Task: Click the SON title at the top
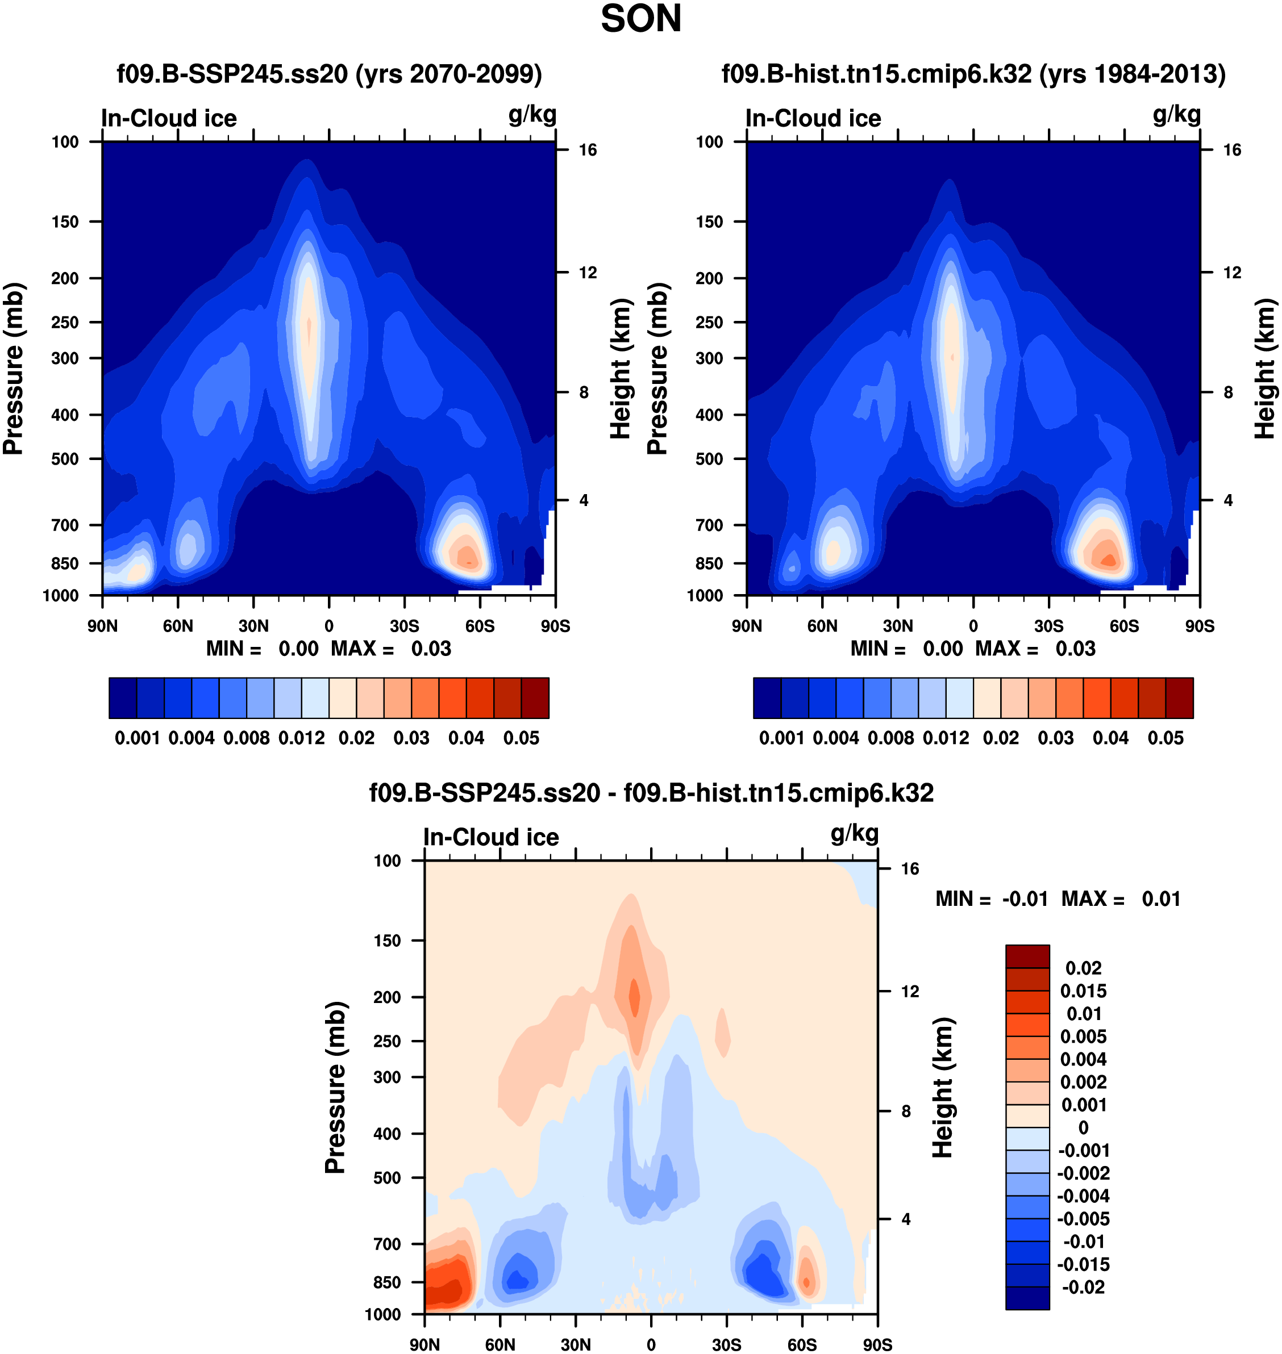[x=640, y=19]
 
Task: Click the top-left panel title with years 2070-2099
[x=330, y=74]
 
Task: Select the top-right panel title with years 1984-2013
[x=973, y=74]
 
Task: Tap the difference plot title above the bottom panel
[x=651, y=793]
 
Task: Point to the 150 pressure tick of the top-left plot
[x=65, y=222]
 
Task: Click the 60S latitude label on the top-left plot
[x=480, y=626]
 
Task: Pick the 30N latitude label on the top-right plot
[x=897, y=626]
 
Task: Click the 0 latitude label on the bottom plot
[x=651, y=1344]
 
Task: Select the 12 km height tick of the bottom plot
[x=910, y=991]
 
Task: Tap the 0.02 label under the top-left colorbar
[x=357, y=738]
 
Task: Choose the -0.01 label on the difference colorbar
[x=1084, y=1242]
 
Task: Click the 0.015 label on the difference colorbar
[x=1083, y=991]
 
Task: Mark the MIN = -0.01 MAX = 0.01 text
[x=1058, y=899]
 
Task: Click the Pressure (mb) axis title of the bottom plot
[x=335, y=1088]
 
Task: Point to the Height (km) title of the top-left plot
[x=619, y=369]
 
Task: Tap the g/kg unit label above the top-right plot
[x=1176, y=115]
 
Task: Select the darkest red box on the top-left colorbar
[x=535, y=698]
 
